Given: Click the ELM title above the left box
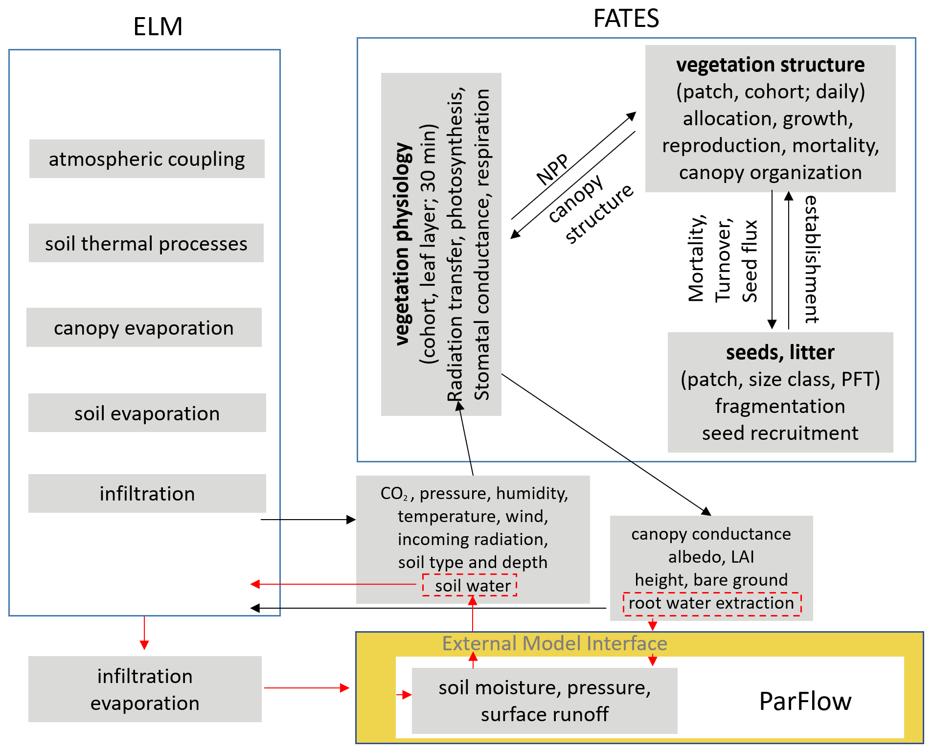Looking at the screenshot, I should (158, 26).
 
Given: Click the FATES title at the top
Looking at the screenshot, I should (626, 19).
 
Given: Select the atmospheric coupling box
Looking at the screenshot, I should (147, 159).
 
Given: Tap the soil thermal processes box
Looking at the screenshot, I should (146, 243).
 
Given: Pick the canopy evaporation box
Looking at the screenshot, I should (144, 327).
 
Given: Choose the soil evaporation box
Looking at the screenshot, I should (147, 413).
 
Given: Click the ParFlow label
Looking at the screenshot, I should (805, 701).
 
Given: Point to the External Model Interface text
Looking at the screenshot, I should (554, 643).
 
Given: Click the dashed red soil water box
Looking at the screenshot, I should (470, 585).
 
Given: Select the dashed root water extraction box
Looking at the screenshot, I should (712, 603).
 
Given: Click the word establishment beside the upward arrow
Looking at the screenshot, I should (812, 259).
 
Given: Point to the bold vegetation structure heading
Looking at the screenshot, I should (770, 65).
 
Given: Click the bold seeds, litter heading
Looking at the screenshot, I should (780, 352).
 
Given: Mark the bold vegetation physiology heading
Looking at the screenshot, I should (402, 245).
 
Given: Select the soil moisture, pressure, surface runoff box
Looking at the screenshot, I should (545, 701).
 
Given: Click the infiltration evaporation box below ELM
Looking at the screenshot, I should (145, 689).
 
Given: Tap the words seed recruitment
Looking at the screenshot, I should (780, 433).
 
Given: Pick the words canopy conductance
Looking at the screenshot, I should (711, 534).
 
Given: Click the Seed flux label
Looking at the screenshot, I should (750, 261).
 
